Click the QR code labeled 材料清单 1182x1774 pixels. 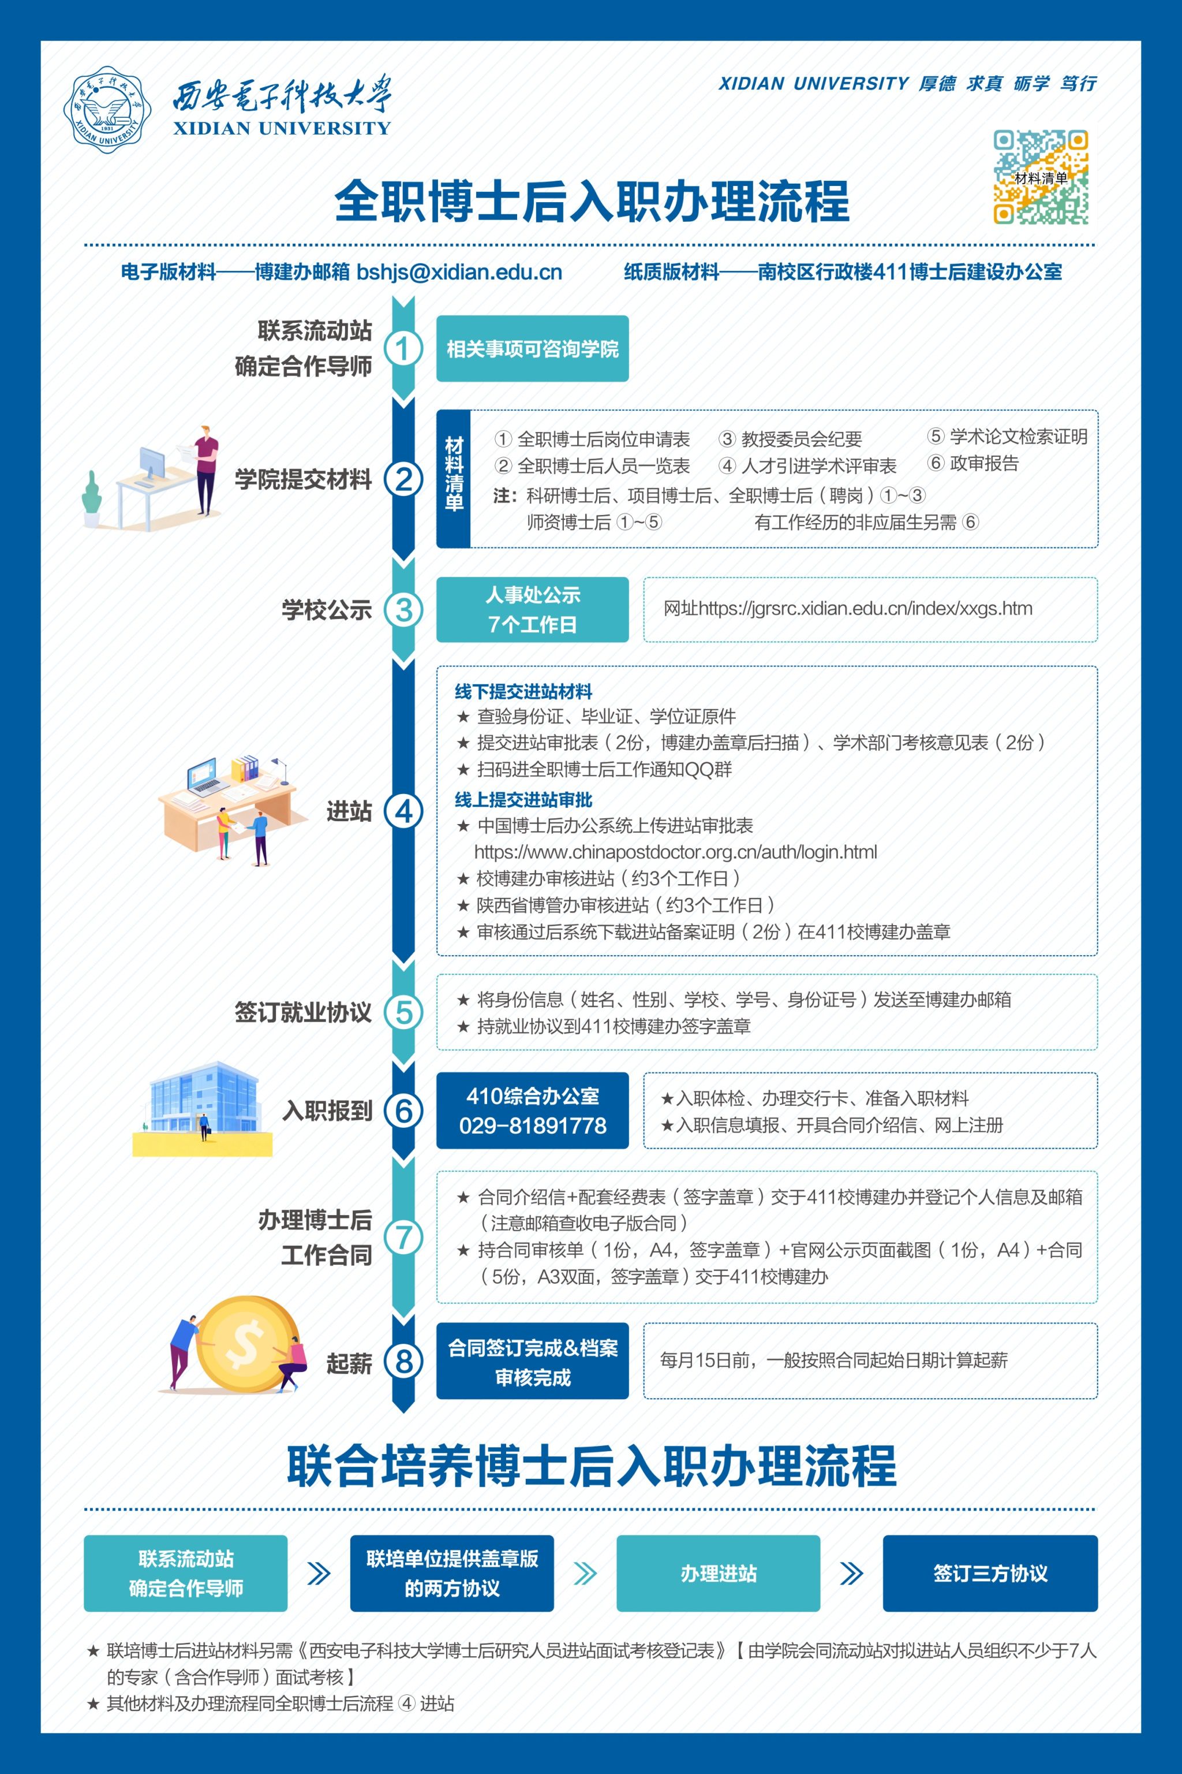(1040, 177)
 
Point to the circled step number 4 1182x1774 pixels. (403, 811)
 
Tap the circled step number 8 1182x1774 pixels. (403, 1362)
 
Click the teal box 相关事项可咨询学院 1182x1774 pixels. (532, 348)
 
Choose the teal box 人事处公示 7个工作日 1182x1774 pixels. (532, 609)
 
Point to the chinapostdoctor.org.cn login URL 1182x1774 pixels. (675, 852)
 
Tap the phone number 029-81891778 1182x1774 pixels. (532, 1125)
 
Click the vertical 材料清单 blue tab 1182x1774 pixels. (454, 478)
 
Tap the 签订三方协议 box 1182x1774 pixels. (990, 1574)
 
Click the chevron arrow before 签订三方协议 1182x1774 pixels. (851, 1574)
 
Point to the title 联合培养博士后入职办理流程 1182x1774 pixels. (592, 1466)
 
